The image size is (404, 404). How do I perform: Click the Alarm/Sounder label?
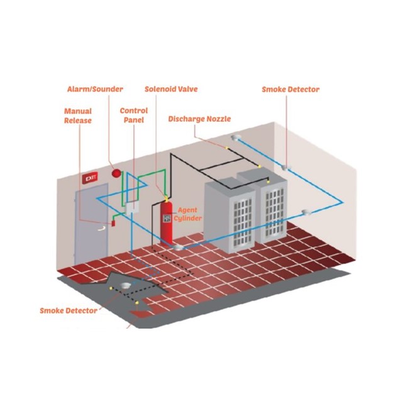click(95, 89)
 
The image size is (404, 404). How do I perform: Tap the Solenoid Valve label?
click(171, 89)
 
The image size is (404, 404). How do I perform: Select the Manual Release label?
click(78, 116)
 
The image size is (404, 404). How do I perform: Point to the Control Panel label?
click(133, 116)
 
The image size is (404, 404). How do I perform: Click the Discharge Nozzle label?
click(200, 119)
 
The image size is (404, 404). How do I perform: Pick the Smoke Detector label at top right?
click(290, 89)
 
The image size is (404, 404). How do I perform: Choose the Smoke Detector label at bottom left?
click(68, 310)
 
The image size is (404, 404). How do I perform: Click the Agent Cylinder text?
click(188, 213)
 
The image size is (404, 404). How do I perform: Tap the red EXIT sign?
click(90, 179)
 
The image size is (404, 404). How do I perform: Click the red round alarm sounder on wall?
click(116, 173)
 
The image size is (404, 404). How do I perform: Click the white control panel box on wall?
click(133, 208)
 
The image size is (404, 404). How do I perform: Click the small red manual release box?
click(114, 222)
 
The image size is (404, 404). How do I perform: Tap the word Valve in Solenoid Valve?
click(188, 89)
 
